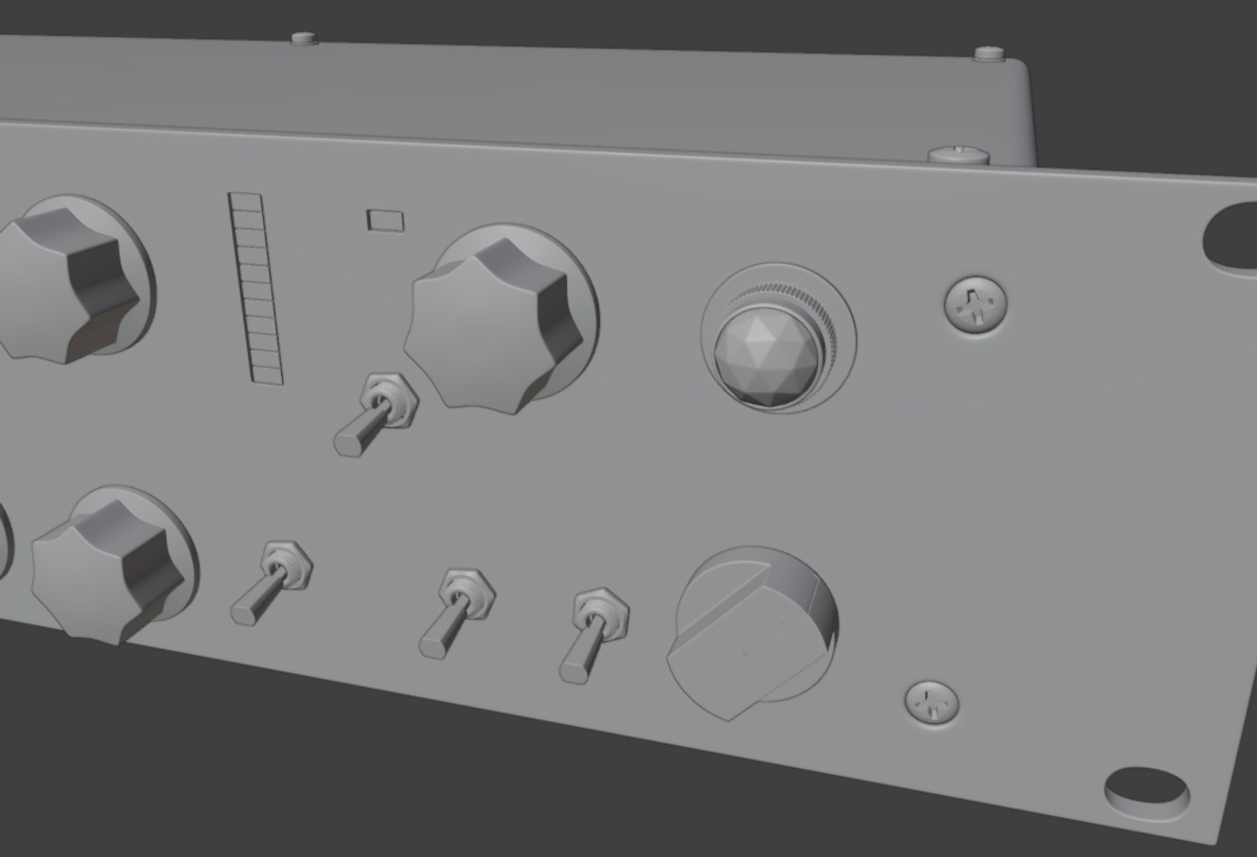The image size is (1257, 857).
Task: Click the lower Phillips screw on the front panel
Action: point(932,701)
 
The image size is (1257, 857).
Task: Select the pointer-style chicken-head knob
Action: point(750,632)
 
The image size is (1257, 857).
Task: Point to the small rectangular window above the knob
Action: point(385,220)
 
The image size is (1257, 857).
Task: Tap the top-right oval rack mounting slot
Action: point(1231,236)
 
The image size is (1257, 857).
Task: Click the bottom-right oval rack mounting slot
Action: point(1147,788)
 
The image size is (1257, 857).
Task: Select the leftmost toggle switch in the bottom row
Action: point(271,582)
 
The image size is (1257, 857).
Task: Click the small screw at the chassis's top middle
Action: point(304,37)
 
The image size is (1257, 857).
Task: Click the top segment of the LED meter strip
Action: point(245,199)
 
